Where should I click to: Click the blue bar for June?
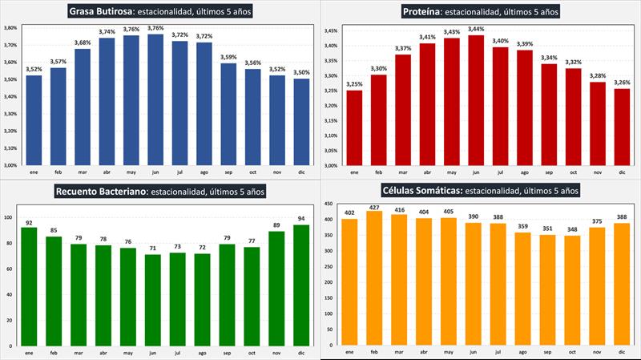click(x=155, y=99)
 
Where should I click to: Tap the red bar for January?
click(x=353, y=127)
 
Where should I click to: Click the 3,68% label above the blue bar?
click(x=82, y=42)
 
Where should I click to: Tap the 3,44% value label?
click(x=477, y=29)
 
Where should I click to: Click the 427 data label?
click(x=374, y=207)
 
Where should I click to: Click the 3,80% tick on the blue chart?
click(x=10, y=27)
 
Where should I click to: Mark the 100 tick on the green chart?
click(x=9, y=217)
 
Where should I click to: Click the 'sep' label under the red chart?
click(x=548, y=172)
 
